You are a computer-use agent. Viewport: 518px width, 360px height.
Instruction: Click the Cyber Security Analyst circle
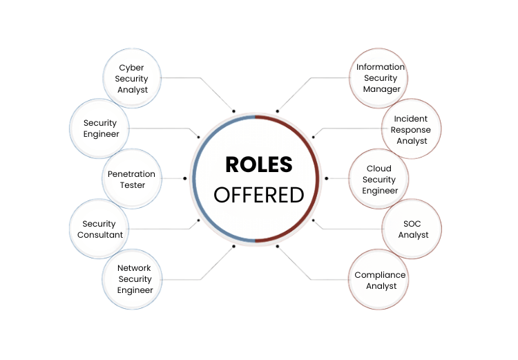[132, 79]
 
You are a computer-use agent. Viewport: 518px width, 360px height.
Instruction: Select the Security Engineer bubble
[101, 129]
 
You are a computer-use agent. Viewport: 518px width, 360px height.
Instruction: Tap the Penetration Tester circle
[131, 179]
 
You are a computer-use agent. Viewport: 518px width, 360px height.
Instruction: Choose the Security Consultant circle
[101, 229]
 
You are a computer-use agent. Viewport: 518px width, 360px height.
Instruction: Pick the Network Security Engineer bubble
[134, 279]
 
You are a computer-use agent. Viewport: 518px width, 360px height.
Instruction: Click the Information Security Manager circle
[381, 78]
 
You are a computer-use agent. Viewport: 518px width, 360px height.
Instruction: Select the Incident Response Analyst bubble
[412, 129]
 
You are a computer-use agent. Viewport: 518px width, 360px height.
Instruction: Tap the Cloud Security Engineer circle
[379, 179]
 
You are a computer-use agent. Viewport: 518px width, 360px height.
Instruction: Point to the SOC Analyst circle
[412, 229]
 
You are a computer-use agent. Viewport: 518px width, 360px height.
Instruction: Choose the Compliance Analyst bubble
[380, 280]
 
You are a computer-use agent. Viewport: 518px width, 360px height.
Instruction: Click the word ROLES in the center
[259, 164]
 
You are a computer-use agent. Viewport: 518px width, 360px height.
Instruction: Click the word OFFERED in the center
[259, 195]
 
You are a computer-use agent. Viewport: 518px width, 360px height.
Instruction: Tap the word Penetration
[131, 174]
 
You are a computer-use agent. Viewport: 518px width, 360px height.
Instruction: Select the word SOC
[412, 224]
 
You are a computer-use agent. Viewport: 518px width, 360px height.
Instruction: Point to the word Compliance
[380, 275]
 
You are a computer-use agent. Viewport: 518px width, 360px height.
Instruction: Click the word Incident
[412, 119]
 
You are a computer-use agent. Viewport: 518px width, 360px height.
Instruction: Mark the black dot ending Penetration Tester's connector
[185, 178]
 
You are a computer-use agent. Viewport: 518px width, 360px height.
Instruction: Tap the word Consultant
[101, 234]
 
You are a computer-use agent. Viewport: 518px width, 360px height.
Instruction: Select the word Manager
[382, 89]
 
